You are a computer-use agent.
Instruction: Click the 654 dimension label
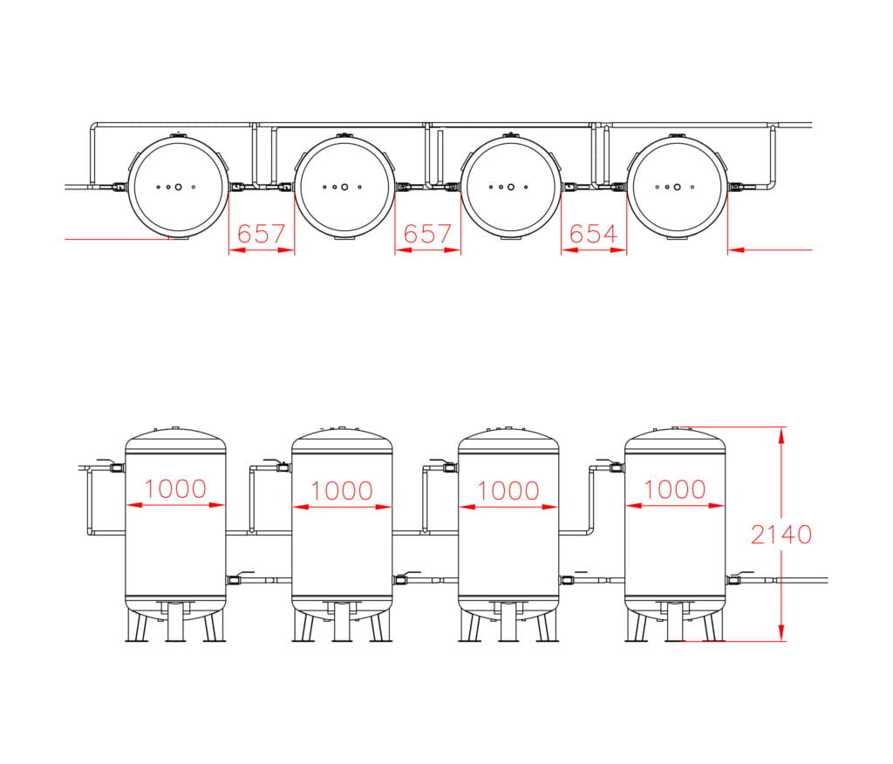tap(593, 234)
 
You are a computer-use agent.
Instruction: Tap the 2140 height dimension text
tap(781, 535)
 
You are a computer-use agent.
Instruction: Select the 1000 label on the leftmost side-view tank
tap(175, 488)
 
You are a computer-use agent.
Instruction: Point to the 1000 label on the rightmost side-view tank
tap(675, 489)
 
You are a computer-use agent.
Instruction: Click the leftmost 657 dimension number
tap(261, 234)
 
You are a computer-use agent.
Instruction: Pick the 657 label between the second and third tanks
tap(427, 234)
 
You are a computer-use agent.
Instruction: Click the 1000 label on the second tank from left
tap(342, 490)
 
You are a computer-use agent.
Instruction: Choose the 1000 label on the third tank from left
tap(508, 490)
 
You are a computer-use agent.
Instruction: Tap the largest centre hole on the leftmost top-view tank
tap(178, 187)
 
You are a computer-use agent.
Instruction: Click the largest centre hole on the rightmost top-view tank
tap(677, 187)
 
